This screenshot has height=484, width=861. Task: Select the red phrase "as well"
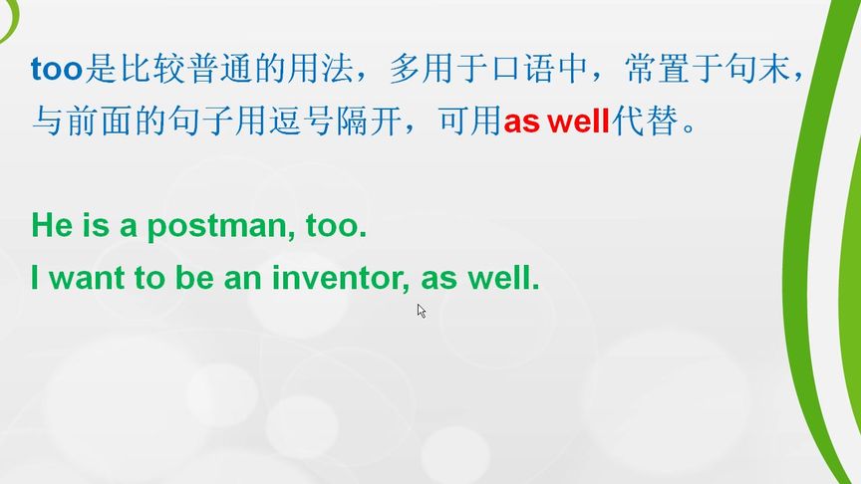coord(556,123)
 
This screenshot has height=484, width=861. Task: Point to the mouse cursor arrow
coord(422,311)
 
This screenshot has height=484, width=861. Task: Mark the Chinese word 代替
coord(639,122)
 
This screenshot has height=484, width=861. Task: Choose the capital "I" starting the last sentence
coord(36,279)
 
